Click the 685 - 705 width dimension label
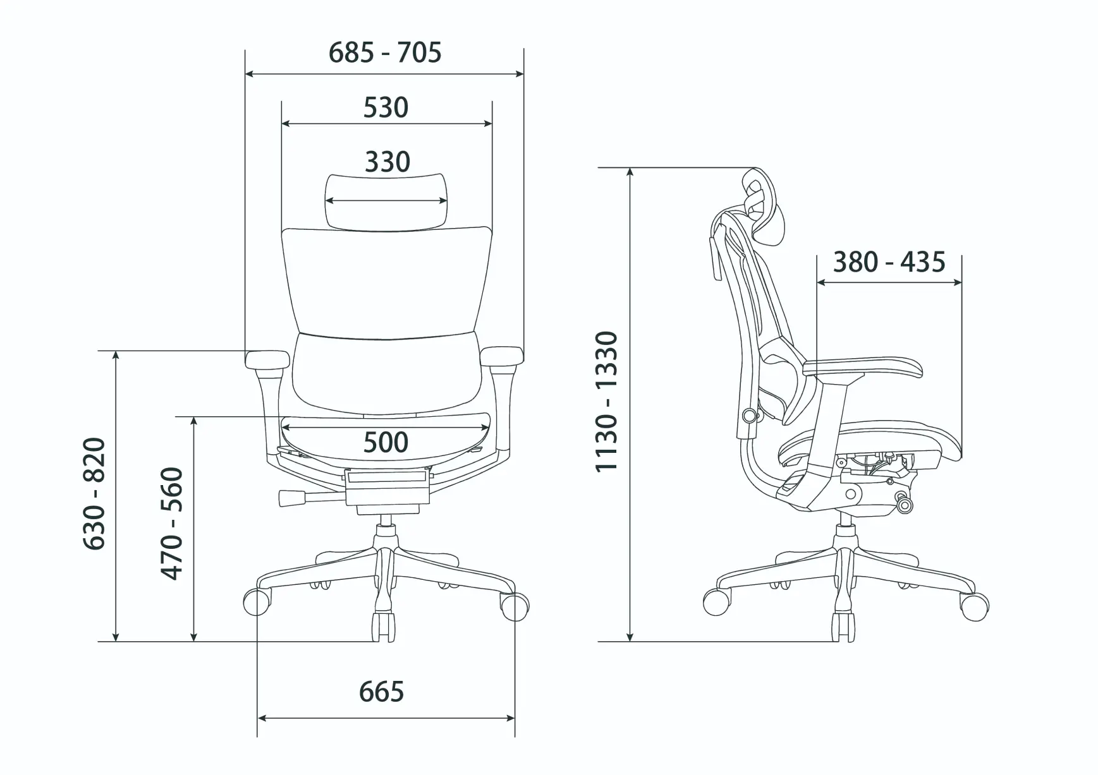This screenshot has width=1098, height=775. (x=385, y=52)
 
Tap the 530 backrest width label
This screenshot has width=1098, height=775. (x=386, y=108)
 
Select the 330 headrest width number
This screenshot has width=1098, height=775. (x=387, y=162)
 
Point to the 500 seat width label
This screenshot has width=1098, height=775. (x=386, y=443)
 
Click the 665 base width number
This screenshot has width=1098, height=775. (x=381, y=692)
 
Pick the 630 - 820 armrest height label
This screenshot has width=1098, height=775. (x=95, y=493)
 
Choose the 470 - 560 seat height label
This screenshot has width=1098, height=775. (x=172, y=524)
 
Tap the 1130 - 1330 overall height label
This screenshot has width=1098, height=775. (x=606, y=401)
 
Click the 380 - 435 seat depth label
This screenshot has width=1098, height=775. (x=889, y=262)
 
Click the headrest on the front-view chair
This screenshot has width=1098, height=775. (x=387, y=201)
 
